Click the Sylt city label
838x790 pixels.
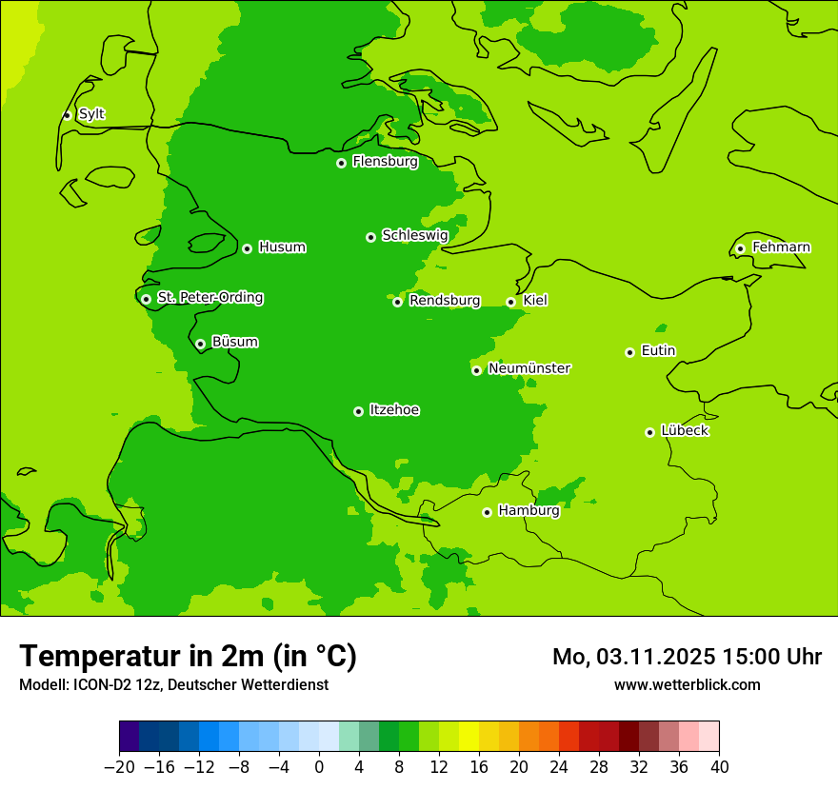[x=91, y=114]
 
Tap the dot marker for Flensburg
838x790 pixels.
[x=341, y=163]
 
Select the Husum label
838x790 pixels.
[x=282, y=247]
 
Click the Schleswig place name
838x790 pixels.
[x=414, y=235]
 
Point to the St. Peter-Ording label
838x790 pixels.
[x=209, y=298]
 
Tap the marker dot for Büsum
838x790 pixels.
[x=200, y=344]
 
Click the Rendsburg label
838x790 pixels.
[x=444, y=301]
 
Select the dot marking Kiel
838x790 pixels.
[x=510, y=302]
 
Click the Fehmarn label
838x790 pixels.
[x=781, y=247]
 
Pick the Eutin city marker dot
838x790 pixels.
[x=629, y=352]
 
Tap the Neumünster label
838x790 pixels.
[x=529, y=368]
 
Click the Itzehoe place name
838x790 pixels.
[x=394, y=410]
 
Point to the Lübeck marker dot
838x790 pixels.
[x=649, y=432]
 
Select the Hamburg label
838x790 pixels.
[x=529, y=511]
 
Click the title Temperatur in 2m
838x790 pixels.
[x=188, y=656]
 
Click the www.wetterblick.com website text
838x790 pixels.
[x=687, y=684]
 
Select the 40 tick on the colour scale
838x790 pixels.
[x=719, y=767]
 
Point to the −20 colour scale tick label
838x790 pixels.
[x=119, y=767]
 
